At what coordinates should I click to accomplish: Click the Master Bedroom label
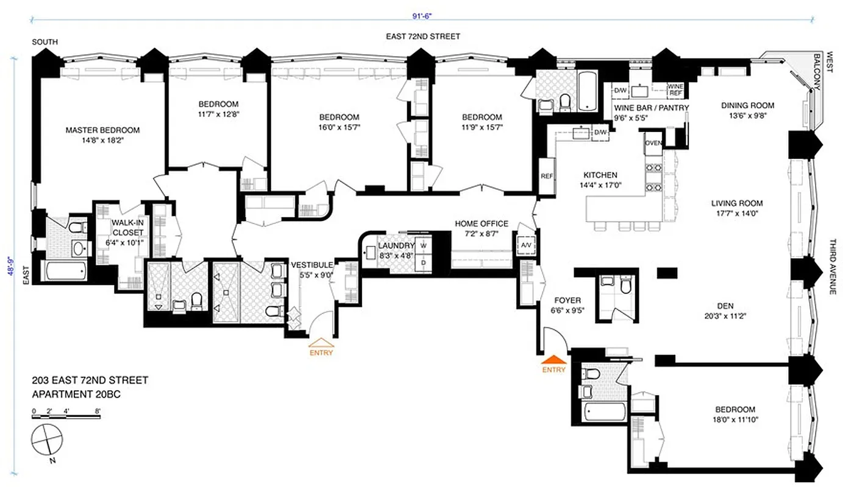coord(102,130)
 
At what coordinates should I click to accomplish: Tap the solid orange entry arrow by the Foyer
coord(553,360)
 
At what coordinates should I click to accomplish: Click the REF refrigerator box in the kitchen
coord(546,177)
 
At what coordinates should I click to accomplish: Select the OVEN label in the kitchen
coord(653,143)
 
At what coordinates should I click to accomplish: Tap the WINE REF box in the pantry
coord(675,89)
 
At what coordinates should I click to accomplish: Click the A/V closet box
coord(525,245)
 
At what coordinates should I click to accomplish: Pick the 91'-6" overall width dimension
coord(421,10)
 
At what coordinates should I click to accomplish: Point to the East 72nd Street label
coord(422,37)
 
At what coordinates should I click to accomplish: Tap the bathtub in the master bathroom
coord(65,271)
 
